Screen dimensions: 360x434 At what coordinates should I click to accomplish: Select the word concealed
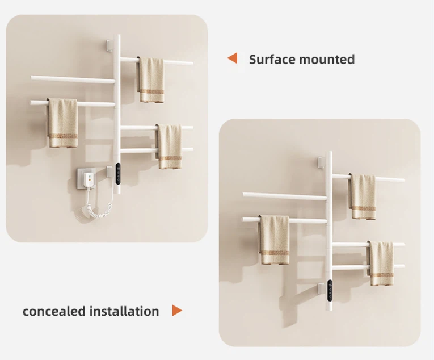click(x=54, y=311)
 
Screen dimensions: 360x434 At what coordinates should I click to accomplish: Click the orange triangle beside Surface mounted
click(x=232, y=58)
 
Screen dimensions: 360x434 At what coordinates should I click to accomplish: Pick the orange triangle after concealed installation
click(x=177, y=311)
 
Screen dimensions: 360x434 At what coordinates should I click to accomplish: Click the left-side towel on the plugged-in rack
click(x=62, y=123)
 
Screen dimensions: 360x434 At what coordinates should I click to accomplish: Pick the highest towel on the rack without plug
click(x=363, y=196)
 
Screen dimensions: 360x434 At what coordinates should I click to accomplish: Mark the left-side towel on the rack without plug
click(x=275, y=240)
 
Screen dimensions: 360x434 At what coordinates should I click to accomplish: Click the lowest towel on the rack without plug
click(x=381, y=263)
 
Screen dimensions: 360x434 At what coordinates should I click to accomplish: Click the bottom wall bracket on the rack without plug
click(x=321, y=288)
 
